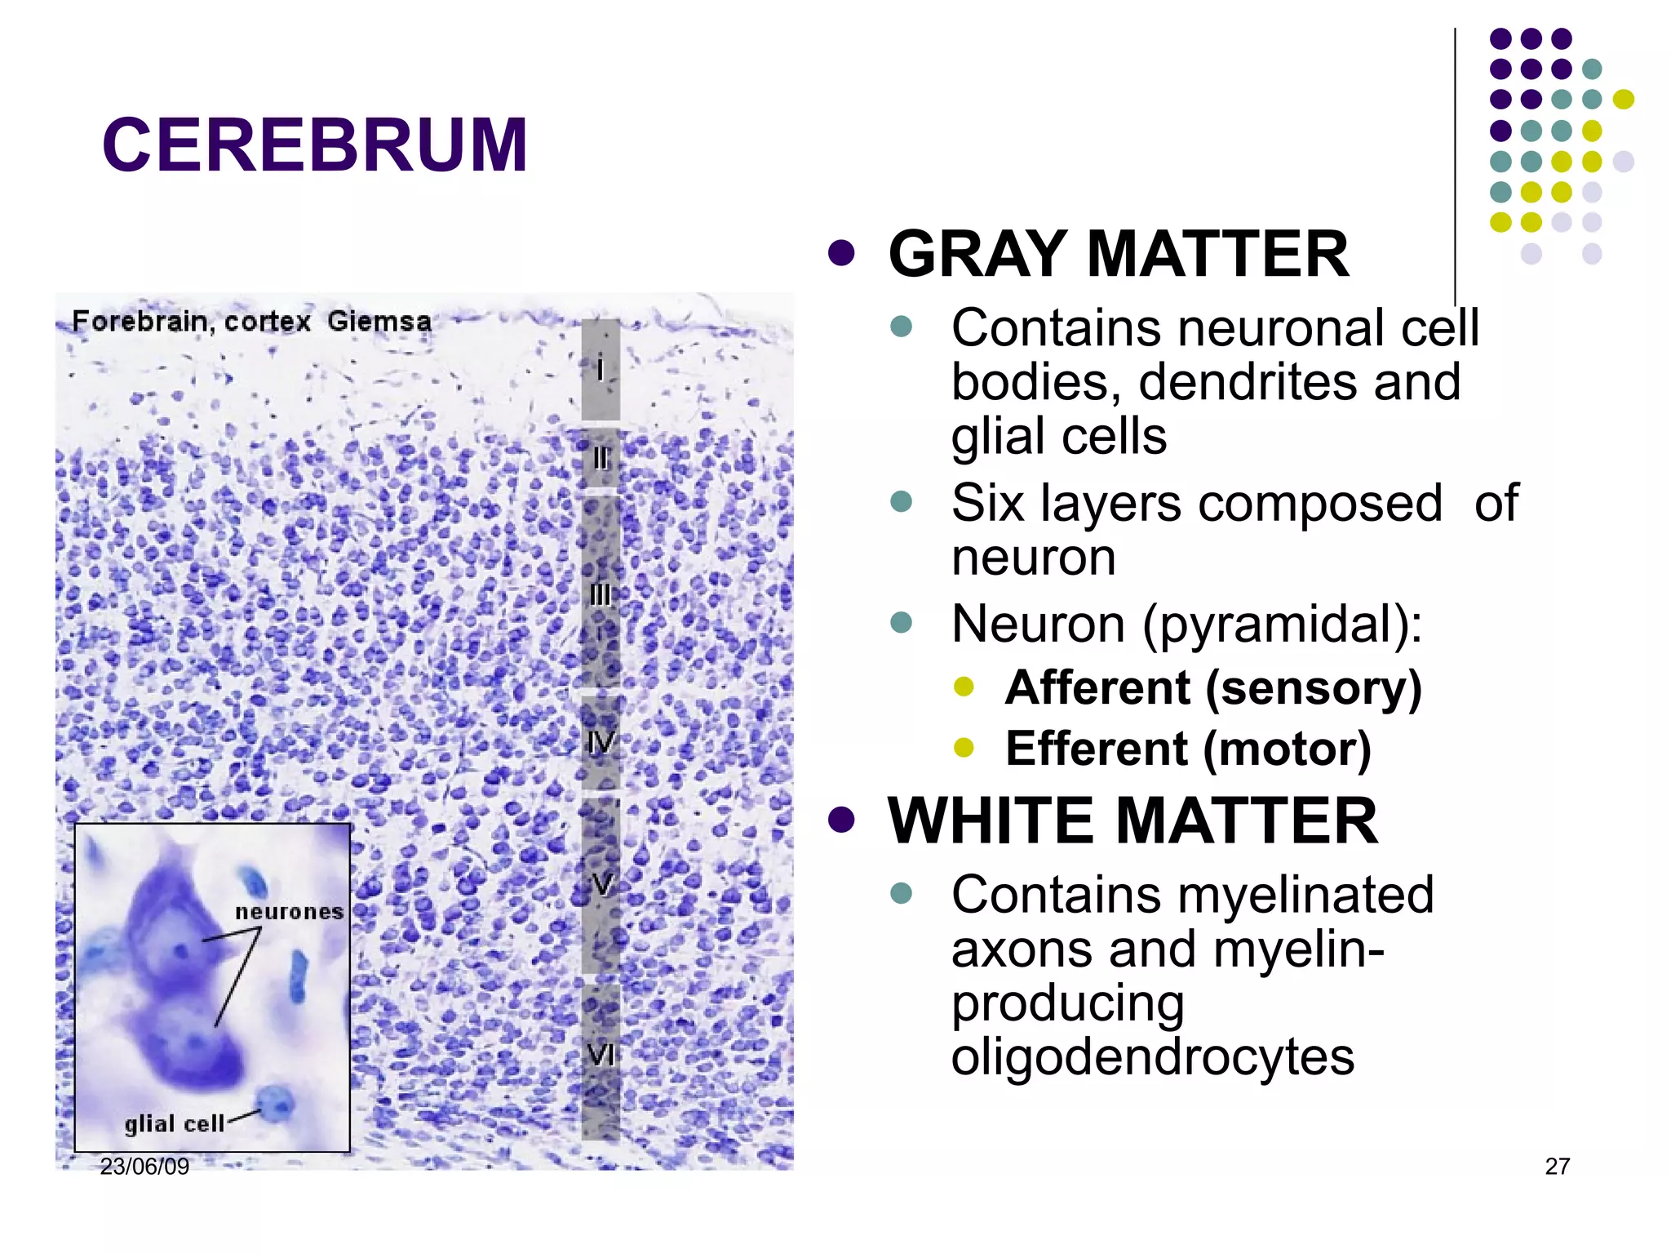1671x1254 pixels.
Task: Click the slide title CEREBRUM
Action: coord(315,145)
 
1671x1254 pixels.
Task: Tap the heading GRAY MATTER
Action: coord(1118,254)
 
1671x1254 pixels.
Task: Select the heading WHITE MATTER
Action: coord(1132,820)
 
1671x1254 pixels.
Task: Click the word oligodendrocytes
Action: coord(1152,1056)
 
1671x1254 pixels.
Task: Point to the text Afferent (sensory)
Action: coord(1213,687)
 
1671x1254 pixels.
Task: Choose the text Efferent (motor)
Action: coord(1188,749)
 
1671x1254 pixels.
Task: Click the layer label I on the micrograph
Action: coord(601,370)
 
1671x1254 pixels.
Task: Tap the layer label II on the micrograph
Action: coord(601,459)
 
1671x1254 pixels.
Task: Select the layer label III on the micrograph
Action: coord(601,594)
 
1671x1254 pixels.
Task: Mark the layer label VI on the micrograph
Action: coord(601,1056)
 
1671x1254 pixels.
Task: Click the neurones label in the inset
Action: coord(289,911)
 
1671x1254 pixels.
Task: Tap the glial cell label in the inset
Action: coord(174,1124)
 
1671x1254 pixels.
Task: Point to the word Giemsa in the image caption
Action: coord(379,321)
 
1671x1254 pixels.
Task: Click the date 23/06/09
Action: coord(144,1167)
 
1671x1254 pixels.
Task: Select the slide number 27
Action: coord(1557,1167)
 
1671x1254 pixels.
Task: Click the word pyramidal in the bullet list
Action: coord(1281,625)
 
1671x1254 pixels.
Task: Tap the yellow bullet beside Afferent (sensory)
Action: coord(964,686)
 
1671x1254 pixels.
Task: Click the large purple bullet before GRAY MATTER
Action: coord(841,253)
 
